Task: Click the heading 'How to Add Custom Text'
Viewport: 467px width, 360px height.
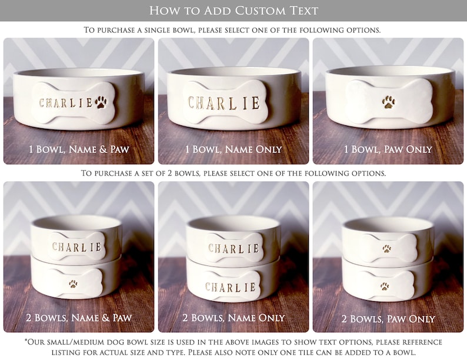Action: click(233, 11)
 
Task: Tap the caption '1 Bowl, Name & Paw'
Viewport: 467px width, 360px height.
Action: click(79, 149)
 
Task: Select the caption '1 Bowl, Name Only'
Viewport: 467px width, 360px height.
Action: click(234, 149)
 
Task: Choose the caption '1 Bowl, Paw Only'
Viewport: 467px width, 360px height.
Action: click(388, 149)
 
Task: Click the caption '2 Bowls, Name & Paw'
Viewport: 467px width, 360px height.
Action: click(79, 318)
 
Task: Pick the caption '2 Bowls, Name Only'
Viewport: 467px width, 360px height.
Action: click(234, 318)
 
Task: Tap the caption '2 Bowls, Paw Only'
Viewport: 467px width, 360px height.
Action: click(388, 318)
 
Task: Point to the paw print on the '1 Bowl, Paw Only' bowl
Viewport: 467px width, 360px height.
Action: click(389, 102)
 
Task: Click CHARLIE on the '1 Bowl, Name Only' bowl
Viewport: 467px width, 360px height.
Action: click(224, 104)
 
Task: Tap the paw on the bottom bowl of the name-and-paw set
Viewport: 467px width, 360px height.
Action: click(73, 284)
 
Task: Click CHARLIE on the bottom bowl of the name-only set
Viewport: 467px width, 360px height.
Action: click(231, 288)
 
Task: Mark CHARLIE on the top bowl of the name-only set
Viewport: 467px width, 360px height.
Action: click(233, 248)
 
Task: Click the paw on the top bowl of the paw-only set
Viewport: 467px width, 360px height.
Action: click(387, 249)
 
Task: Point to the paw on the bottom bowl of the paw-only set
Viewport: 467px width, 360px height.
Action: click(384, 286)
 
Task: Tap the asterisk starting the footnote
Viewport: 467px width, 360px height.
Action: click(26, 342)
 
